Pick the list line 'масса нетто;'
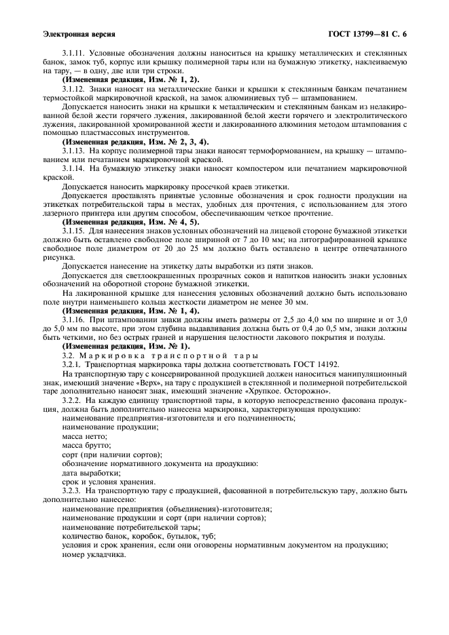pos(82,439)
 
